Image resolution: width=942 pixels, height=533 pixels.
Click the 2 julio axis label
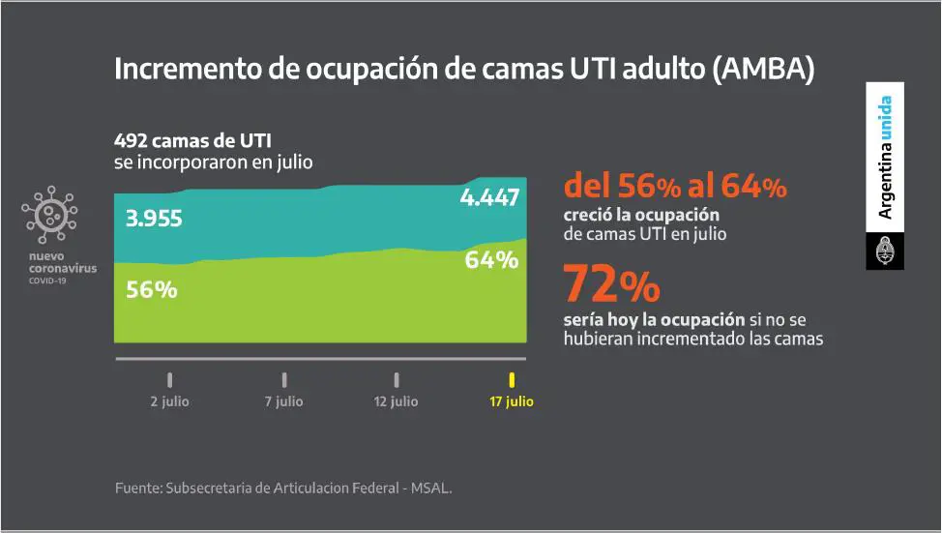point(169,401)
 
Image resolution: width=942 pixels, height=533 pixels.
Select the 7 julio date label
point(283,401)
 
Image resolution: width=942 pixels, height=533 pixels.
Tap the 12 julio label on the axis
point(396,401)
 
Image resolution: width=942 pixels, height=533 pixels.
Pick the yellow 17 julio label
point(511,401)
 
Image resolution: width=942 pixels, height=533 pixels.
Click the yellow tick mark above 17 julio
point(512,379)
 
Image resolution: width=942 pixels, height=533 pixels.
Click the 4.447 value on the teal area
point(489,198)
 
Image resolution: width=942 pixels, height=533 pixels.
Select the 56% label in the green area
point(151,289)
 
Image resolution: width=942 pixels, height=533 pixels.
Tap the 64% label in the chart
point(491,260)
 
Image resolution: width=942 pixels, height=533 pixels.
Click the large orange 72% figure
point(611,284)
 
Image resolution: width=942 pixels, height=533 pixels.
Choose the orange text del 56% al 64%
point(674,186)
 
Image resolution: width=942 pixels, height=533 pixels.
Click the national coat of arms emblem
point(884,252)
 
